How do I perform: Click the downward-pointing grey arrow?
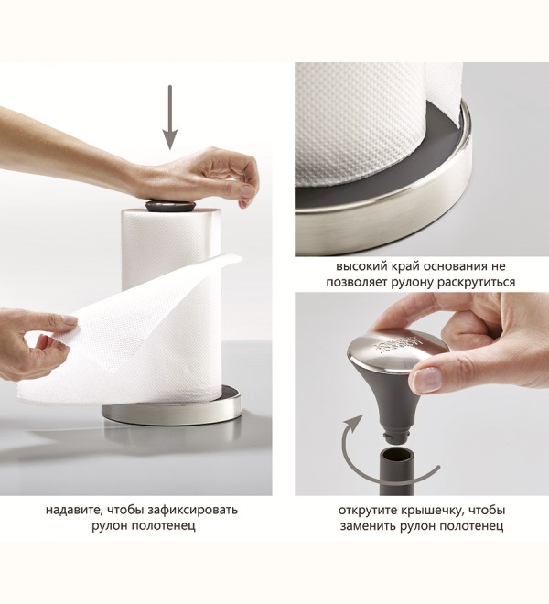coord(169,117)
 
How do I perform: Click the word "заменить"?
coord(368,526)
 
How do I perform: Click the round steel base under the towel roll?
coord(172,409)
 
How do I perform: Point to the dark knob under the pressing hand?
coord(170,205)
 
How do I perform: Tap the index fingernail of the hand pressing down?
coord(246,191)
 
